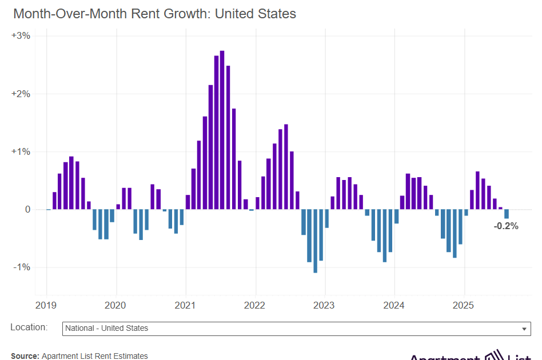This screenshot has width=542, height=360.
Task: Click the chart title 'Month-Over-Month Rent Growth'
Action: pos(154,14)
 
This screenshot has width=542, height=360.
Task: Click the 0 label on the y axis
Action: pos(27,210)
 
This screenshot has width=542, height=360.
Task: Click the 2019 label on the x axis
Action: pos(46,305)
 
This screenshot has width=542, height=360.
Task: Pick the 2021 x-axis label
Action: pos(185,305)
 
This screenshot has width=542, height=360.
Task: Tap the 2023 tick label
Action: pos(325,305)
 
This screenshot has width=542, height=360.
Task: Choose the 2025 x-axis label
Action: pos(464,305)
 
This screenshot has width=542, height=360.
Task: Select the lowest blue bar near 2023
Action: pos(315,241)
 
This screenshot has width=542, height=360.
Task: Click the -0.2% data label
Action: pos(506,226)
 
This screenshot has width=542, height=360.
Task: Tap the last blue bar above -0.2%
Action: pos(507,214)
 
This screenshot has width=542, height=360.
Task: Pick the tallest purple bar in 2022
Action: pos(286,167)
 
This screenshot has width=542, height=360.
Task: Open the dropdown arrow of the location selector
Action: pos(524,329)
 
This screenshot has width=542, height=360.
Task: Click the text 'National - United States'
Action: pos(106,329)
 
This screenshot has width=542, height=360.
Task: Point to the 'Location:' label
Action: pos(29,327)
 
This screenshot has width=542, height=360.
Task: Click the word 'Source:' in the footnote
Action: pos(25,356)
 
